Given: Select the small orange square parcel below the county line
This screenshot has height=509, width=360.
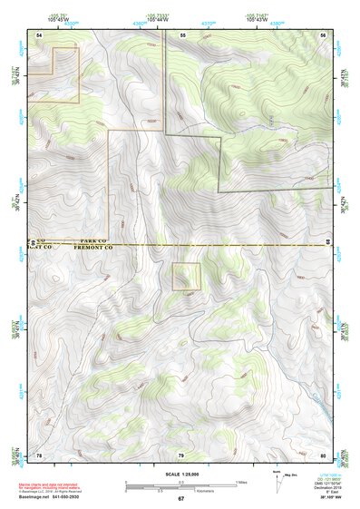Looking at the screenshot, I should coord(187,277).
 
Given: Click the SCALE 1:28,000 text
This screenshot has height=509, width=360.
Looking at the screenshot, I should coord(180,474).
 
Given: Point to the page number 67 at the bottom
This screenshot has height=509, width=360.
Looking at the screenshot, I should coord(180,498).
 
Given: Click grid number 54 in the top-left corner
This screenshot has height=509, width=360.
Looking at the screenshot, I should coord(40,34).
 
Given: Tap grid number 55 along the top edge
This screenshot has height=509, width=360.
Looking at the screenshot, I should coord(182,34).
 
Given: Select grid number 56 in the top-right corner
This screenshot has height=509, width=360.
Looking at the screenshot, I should coord(323,34).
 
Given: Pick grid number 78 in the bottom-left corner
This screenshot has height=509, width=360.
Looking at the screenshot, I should coord(40,455).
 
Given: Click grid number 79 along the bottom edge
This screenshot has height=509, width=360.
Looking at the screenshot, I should coord(181,455).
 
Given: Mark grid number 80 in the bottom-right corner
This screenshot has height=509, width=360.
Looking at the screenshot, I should coord(323,455).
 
